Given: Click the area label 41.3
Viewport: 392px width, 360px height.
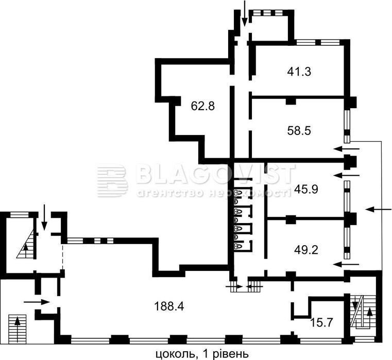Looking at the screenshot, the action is point(299,72).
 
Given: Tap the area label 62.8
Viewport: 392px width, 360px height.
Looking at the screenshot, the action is point(203,106).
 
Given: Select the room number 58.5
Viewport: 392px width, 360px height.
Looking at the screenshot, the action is point(299,130).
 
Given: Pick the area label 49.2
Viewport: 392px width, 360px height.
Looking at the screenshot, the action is point(306,250).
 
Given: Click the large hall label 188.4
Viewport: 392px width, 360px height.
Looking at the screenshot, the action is point(169,306).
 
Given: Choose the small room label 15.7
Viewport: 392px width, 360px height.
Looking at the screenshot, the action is point(321,322).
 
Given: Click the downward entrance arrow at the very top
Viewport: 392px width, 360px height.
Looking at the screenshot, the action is point(245,13).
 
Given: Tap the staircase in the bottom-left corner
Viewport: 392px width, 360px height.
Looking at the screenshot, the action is point(17,329).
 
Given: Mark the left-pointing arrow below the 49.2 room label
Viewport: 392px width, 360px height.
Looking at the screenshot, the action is point(346,264).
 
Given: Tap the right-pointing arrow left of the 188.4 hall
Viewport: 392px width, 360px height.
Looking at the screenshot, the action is point(37,302).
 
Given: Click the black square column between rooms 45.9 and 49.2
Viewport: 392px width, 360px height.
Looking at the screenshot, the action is point(291,219).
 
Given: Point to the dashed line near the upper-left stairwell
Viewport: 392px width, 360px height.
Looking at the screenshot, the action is point(62,257).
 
